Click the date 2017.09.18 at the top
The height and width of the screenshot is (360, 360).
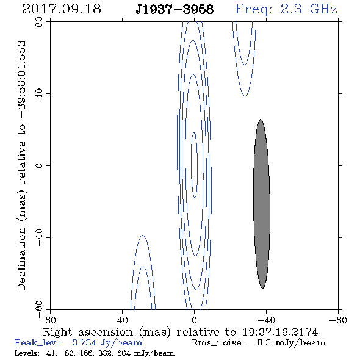[62, 9]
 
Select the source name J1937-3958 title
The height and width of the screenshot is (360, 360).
[175, 10]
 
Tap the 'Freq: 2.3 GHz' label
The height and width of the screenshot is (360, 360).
[286, 10]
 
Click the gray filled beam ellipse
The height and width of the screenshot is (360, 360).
[262, 204]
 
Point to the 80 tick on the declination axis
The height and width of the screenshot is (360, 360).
[40, 23]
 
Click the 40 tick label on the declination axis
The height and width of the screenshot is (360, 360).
[40, 94]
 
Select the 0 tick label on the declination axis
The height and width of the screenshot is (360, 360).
[40, 165]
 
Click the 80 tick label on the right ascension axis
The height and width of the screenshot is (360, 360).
[50, 320]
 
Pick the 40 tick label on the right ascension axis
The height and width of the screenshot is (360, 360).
[122, 320]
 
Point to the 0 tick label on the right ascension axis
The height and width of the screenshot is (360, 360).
[194, 320]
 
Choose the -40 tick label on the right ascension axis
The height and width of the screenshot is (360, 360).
[266, 320]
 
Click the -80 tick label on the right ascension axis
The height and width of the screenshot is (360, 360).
[338, 320]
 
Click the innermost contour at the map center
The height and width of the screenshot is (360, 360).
[191, 165]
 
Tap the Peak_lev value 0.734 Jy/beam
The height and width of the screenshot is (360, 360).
[107, 343]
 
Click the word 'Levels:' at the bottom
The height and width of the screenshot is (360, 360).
[27, 353]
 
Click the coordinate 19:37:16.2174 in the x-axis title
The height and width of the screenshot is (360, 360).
[280, 332]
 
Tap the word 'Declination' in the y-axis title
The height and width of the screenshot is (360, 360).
[21, 259]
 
